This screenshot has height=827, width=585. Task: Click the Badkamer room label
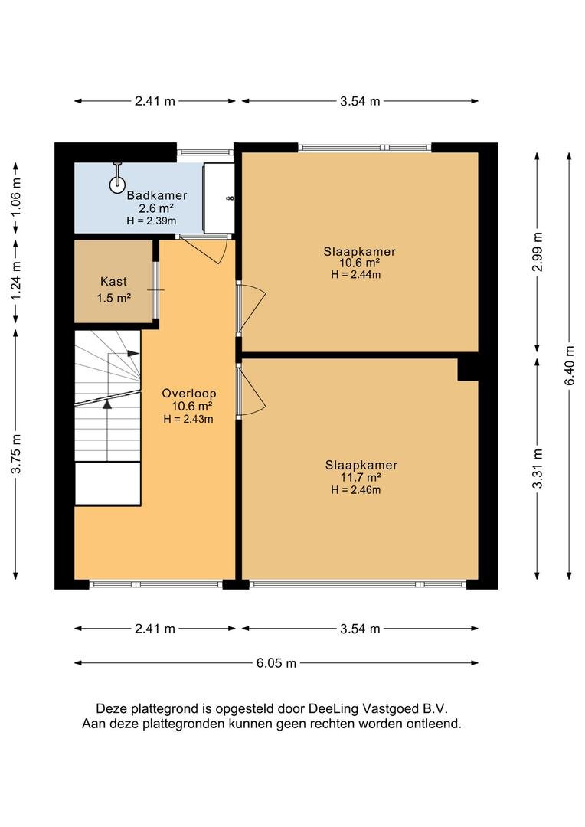click(x=157, y=196)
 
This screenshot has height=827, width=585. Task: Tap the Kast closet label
click(x=114, y=282)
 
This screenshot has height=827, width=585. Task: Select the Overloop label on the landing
click(x=189, y=394)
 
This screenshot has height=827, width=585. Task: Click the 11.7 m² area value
click(x=361, y=477)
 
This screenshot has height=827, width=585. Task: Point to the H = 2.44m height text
click(x=356, y=274)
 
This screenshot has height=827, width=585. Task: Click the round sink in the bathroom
click(x=117, y=184)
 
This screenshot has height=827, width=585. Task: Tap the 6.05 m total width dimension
click(x=276, y=663)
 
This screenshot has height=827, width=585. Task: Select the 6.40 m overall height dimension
click(x=569, y=365)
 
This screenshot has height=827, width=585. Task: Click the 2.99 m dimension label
click(x=537, y=252)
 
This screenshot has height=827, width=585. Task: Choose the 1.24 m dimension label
click(x=16, y=282)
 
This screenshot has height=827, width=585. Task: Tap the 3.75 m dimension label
click(x=16, y=454)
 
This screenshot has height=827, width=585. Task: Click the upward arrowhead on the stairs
click(x=108, y=404)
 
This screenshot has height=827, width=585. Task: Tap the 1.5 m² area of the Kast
click(x=114, y=298)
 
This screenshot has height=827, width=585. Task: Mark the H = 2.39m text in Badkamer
click(x=152, y=221)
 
